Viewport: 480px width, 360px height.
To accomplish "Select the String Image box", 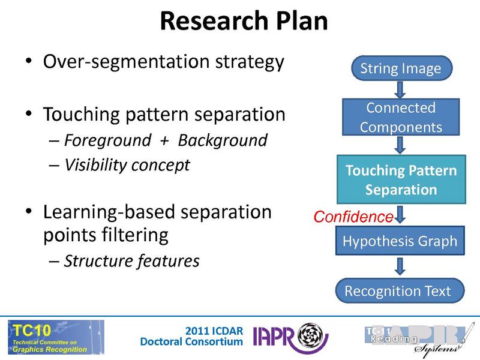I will point(400,68).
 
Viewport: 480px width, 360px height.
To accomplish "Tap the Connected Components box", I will point(400,118).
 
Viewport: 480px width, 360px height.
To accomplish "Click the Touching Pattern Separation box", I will point(400,180).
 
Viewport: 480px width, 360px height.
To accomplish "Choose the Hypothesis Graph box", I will point(400,241).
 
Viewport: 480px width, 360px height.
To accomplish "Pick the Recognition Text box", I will point(397,292).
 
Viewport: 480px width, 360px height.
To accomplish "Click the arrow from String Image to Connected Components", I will point(401,89).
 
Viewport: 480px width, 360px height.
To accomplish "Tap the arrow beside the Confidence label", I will point(401,215).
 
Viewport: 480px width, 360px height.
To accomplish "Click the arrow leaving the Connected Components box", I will point(401,145).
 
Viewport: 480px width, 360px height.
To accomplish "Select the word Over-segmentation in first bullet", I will point(112,62).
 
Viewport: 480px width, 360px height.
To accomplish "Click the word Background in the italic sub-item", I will point(223,140).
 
